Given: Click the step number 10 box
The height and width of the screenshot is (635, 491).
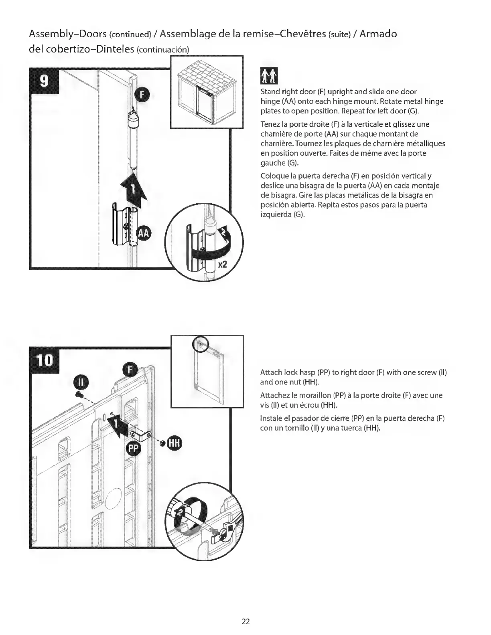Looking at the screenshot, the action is pos(45,362).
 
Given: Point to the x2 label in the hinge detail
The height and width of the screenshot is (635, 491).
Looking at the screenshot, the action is pos(222,264).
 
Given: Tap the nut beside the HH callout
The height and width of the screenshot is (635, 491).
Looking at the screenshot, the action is pos(162,444).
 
